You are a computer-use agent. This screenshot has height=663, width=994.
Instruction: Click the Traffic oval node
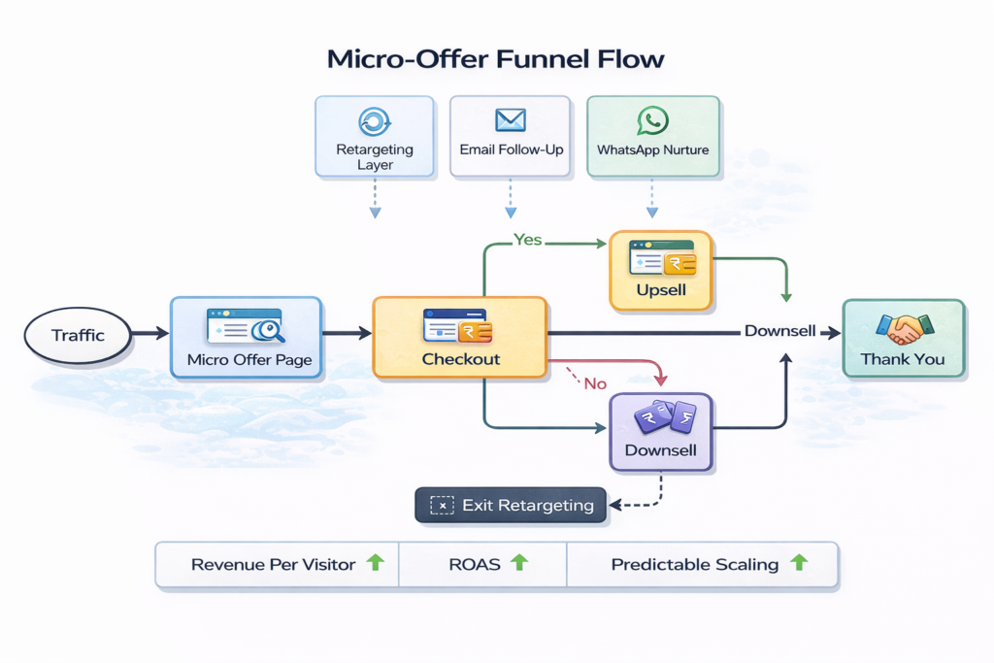78,336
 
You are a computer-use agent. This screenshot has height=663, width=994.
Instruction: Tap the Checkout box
460,337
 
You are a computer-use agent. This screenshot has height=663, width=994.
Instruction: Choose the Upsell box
661,271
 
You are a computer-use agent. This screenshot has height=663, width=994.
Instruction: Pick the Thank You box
903,337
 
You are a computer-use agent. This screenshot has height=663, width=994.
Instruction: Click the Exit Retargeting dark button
511,505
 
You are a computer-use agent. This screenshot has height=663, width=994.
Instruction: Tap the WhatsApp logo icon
652,120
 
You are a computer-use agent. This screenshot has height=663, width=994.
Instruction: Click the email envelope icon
510,119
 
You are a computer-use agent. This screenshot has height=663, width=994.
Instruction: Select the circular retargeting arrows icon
374,120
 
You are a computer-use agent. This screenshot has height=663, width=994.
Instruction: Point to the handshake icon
903,328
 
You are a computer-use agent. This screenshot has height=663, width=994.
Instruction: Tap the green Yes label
527,240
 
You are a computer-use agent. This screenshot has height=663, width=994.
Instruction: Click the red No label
595,383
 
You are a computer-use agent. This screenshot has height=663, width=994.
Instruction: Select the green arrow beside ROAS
519,562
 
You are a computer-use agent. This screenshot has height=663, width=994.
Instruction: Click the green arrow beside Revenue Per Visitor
374,562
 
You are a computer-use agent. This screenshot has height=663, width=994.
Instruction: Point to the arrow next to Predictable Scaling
799,562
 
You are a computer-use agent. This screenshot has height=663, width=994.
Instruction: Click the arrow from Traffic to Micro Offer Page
150,334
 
